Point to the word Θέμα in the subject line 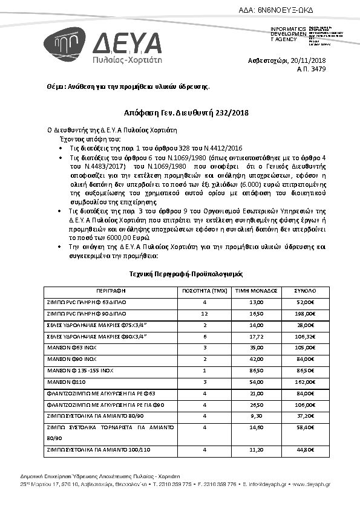click(x=56, y=87)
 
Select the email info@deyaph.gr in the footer click(x=270, y=484)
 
